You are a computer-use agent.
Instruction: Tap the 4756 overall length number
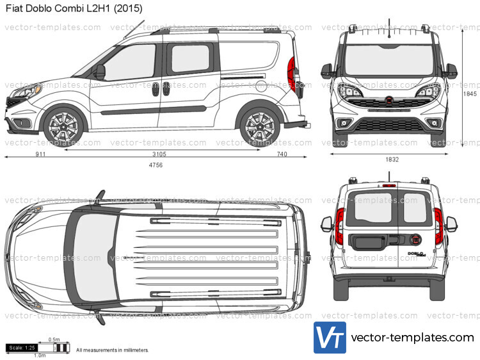pos(156,165)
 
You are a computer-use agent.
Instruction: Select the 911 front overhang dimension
pos(40,154)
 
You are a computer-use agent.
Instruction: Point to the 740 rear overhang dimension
pos(282,154)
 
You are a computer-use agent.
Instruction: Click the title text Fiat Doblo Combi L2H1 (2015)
pos(74,8)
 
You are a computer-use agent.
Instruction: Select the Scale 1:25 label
pos(22,348)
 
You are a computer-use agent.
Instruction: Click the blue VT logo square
pos(330,338)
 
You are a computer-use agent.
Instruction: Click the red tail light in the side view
pos(291,72)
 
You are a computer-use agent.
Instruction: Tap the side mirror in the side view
pos(99,71)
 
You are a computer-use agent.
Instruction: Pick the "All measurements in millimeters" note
pos(113,350)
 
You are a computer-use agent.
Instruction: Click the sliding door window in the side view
pos(190,59)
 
